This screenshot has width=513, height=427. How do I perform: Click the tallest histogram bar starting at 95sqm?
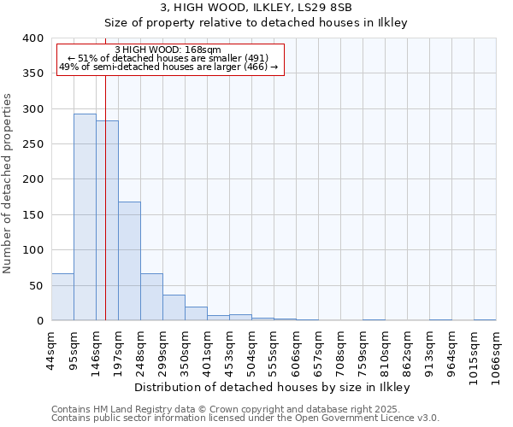(x=85, y=217)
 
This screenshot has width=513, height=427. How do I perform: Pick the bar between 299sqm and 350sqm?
(x=174, y=308)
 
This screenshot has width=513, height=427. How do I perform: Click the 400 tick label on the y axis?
(x=33, y=38)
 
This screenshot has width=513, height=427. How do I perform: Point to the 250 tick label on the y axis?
(x=33, y=144)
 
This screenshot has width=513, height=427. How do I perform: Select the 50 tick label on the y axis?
(x=37, y=285)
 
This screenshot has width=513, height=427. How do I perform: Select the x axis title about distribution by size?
(x=273, y=387)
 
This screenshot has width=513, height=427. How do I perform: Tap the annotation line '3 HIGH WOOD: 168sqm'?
(x=168, y=50)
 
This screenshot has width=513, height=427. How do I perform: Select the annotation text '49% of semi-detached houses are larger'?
(x=168, y=67)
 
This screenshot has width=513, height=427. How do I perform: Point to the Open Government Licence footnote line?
(x=245, y=418)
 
